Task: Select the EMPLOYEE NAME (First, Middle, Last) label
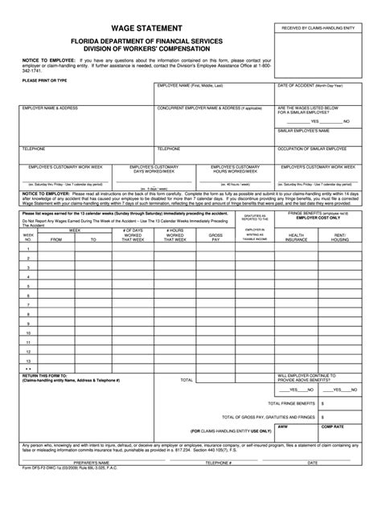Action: tap(190, 84)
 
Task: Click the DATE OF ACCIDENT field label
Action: tap(312, 84)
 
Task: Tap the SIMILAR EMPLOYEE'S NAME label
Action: tap(305, 129)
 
